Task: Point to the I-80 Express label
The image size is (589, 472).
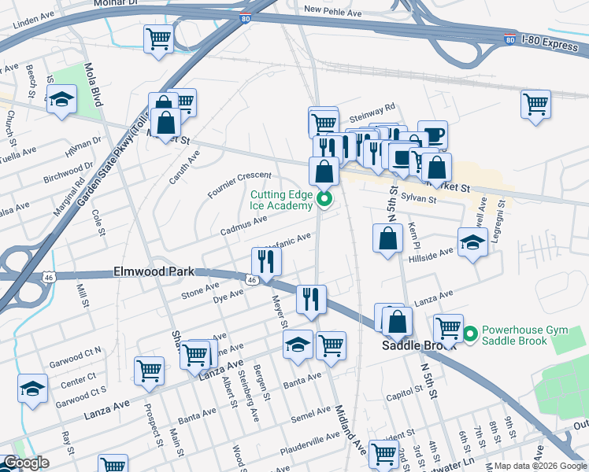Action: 550,46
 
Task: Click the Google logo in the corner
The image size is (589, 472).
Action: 26,463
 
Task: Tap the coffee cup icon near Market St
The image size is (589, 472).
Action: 432,135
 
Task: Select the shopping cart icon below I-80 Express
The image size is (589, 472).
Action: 535,104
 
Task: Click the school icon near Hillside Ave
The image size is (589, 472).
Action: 472,242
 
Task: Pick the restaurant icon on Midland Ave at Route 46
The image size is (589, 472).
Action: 311,299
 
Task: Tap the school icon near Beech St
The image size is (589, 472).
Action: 61,101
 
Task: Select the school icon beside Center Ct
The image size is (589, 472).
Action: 32,389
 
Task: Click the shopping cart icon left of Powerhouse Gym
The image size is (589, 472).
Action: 448,327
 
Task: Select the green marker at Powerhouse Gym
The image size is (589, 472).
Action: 471,334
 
